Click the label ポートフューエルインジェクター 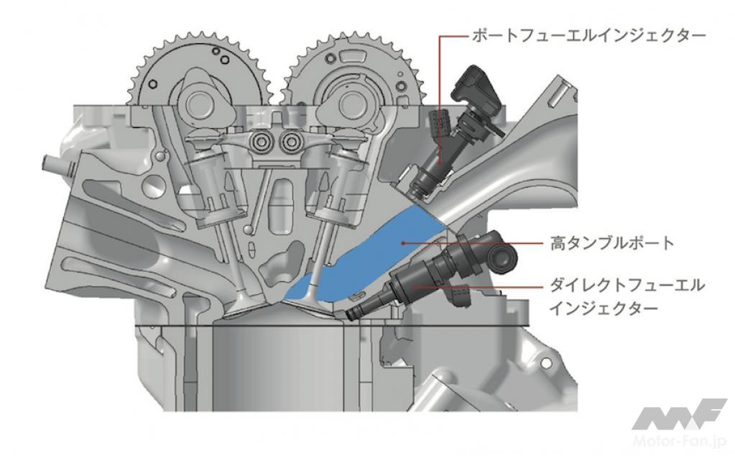tap(588, 36)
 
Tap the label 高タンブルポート tap(612, 243)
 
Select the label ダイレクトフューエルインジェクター tap(627, 296)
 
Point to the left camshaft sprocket tap(200, 70)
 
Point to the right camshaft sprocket tap(355, 70)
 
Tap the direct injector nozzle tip tap(351, 314)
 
